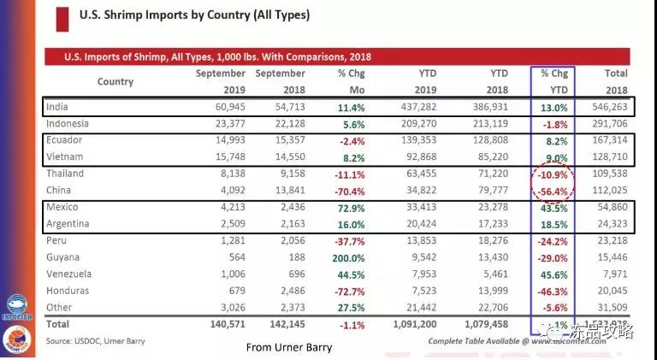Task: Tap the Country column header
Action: (115, 81)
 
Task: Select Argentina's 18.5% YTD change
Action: (553, 223)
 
